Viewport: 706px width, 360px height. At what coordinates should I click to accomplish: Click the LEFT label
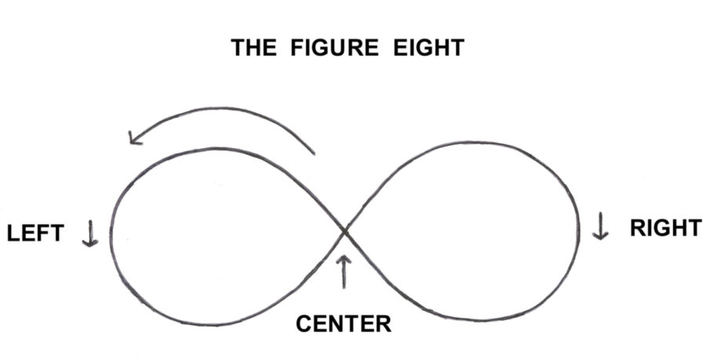click(x=35, y=235)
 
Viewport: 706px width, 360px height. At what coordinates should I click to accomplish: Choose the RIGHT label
click(x=665, y=228)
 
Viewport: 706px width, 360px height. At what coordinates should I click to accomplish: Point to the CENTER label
click(x=343, y=322)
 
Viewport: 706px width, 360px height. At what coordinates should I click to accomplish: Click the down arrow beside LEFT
click(x=90, y=233)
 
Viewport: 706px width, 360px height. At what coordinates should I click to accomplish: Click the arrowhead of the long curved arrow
click(x=133, y=140)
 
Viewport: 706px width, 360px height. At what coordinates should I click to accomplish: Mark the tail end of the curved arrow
click(x=314, y=152)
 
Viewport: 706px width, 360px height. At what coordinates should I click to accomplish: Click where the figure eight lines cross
click(x=344, y=231)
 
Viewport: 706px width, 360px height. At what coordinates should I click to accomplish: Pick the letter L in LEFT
click(x=13, y=235)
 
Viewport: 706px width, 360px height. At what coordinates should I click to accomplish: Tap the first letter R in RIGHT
click(x=637, y=228)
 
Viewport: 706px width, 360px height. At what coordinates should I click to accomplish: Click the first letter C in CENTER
click(x=304, y=322)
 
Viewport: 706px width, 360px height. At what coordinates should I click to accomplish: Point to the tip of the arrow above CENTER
click(x=343, y=255)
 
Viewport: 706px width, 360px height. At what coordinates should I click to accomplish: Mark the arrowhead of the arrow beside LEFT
click(x=90, y=244)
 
